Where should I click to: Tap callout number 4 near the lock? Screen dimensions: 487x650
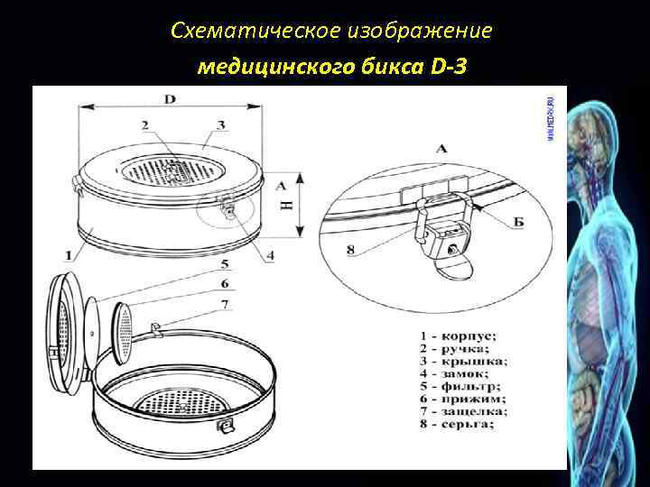tap(271, 255)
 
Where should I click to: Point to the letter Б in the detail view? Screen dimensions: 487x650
tap(517, 222)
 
